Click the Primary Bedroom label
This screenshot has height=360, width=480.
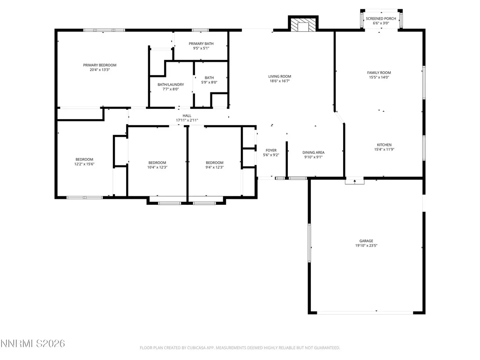tap(100, 65)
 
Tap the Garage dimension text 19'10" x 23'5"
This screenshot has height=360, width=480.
tap(366, 246)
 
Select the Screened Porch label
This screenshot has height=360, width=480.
tap(381, 19)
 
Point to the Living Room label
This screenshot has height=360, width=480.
tap(280, 76)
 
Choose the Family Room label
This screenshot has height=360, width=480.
tap(379, 73)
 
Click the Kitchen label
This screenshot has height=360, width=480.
tap(384, 145)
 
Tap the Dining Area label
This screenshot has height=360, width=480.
tap(314, 152)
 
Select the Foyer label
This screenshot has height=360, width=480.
tap(271, 150)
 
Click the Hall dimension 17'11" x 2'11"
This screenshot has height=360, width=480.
tap(187, 120)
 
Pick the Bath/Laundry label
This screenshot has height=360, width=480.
tap(171, 84)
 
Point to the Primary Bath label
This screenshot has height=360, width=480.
tap(201, 44)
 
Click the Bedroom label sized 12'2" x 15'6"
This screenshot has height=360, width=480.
tap(84, 159)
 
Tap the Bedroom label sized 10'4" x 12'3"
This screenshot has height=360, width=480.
tap(157, 163)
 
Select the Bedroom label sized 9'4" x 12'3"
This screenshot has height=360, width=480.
tap(215, 163)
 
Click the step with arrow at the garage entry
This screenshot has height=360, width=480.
tap(355, 181)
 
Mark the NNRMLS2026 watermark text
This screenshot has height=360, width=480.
tap(32, 344)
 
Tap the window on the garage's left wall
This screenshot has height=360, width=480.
tap(309, 243)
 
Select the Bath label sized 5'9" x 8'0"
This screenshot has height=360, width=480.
tap(210, 78)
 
